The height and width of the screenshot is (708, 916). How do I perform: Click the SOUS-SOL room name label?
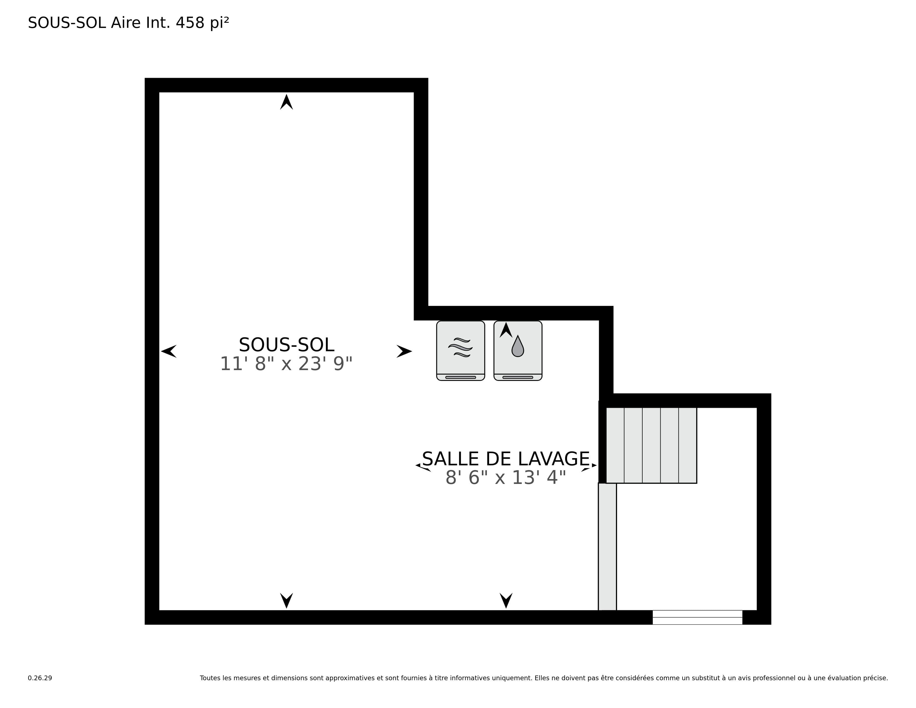click(x=286, y=345)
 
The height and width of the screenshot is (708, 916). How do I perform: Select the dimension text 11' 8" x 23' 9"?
click(x=286, y=364)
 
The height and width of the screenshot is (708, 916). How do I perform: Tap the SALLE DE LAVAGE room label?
click(x=506, y=459)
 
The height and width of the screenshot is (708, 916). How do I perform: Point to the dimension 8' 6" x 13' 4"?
click(x=506, y=478)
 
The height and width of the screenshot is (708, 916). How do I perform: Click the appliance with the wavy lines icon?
click(x=460, y=351)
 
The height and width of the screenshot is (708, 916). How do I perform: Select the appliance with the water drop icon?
click(x=518, y=351)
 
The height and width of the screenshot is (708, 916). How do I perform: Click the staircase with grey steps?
click(x=651, y=445)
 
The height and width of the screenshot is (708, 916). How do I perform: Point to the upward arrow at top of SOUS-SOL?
click(x=286, y=102)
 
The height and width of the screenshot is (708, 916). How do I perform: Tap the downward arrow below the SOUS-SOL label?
click(x=286, y=601)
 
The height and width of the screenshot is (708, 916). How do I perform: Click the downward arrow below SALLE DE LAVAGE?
click(x=506, y=601)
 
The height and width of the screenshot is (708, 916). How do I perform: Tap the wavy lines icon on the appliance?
click(x=460, y=347)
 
